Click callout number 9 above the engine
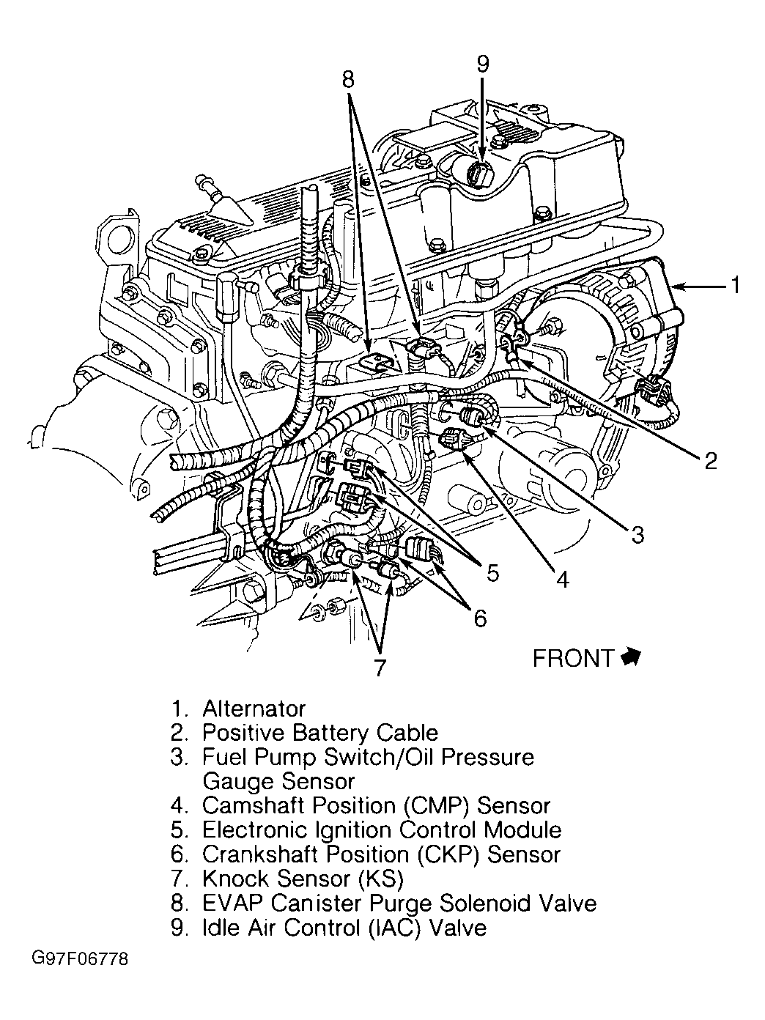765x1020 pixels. [481, 64]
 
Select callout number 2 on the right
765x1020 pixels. [709, 460]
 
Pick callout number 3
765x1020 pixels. [637, 535]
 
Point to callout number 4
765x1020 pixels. [561, 580]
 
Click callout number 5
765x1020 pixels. [492, 572]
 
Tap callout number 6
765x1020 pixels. [479, 618]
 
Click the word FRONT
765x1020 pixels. [572, 659]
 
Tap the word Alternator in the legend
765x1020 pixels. [254, 709]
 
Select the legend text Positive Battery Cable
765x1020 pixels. [320, 733]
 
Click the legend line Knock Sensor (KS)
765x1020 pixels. [303, 878]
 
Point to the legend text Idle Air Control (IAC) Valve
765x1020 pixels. [344, 928]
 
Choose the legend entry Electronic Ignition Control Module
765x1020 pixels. [382, 829]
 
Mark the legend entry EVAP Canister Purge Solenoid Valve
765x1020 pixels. [399, 903]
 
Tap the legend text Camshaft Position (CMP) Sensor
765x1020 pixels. [376, 805]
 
